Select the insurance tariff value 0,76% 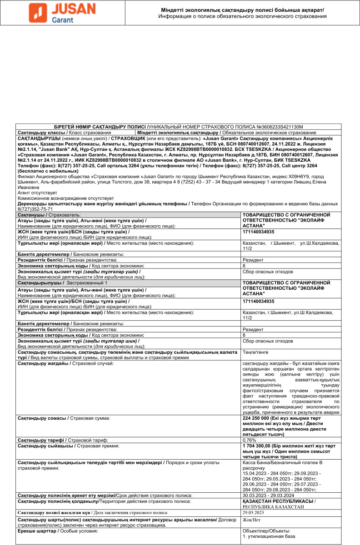(250, 440)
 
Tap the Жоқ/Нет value (251, 520)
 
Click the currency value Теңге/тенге (257, 352)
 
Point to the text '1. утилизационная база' (264, 536)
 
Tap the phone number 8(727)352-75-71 (35, 208)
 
